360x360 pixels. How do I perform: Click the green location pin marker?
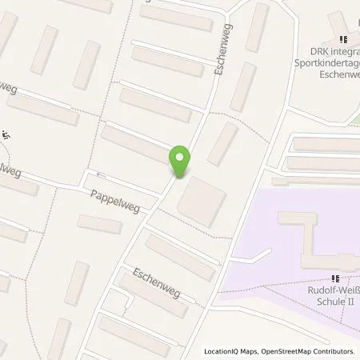point(180,162)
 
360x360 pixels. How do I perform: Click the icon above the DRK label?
point(344,38)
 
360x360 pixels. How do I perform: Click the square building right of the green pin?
point(202,200)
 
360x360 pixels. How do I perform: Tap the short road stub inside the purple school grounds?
point(258,257)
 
